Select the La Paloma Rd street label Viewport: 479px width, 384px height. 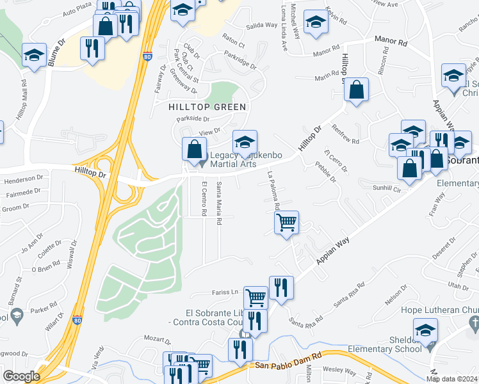coord(273,191)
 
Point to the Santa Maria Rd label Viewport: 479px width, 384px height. coord(219,202)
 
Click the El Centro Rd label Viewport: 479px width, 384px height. coord(204,198)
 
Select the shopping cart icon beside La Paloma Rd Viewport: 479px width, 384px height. coord(286,223)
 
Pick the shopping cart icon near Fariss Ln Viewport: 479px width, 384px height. coord(256,297)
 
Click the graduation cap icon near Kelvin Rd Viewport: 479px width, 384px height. coord(314,22)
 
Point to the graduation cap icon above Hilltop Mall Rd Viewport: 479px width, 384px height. coord(34,54)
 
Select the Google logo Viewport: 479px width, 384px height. coord(22,376)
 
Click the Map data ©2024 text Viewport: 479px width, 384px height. coord(451,379)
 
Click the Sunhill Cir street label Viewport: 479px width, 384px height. coord(387,189)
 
